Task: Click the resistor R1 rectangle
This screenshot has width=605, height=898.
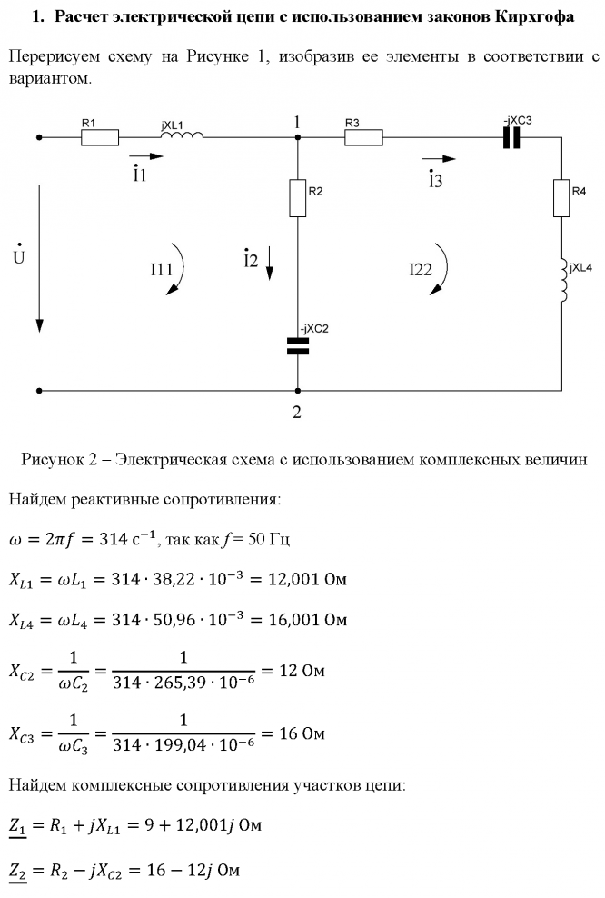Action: pyautogui.click(x=100, y=138)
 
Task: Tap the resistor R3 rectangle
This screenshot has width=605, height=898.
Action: pyautogui.click(x=363, y=138)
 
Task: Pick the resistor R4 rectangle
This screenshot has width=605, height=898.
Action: pyautogui.click(x=561, y=198)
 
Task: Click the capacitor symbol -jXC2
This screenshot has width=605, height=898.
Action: pyautogui.click(x=298, y=344)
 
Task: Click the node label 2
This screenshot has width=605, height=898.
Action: pyautogui.click(x=297, y=412)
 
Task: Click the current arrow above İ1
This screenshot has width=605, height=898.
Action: pyautogui.click(x=140, y=155)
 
